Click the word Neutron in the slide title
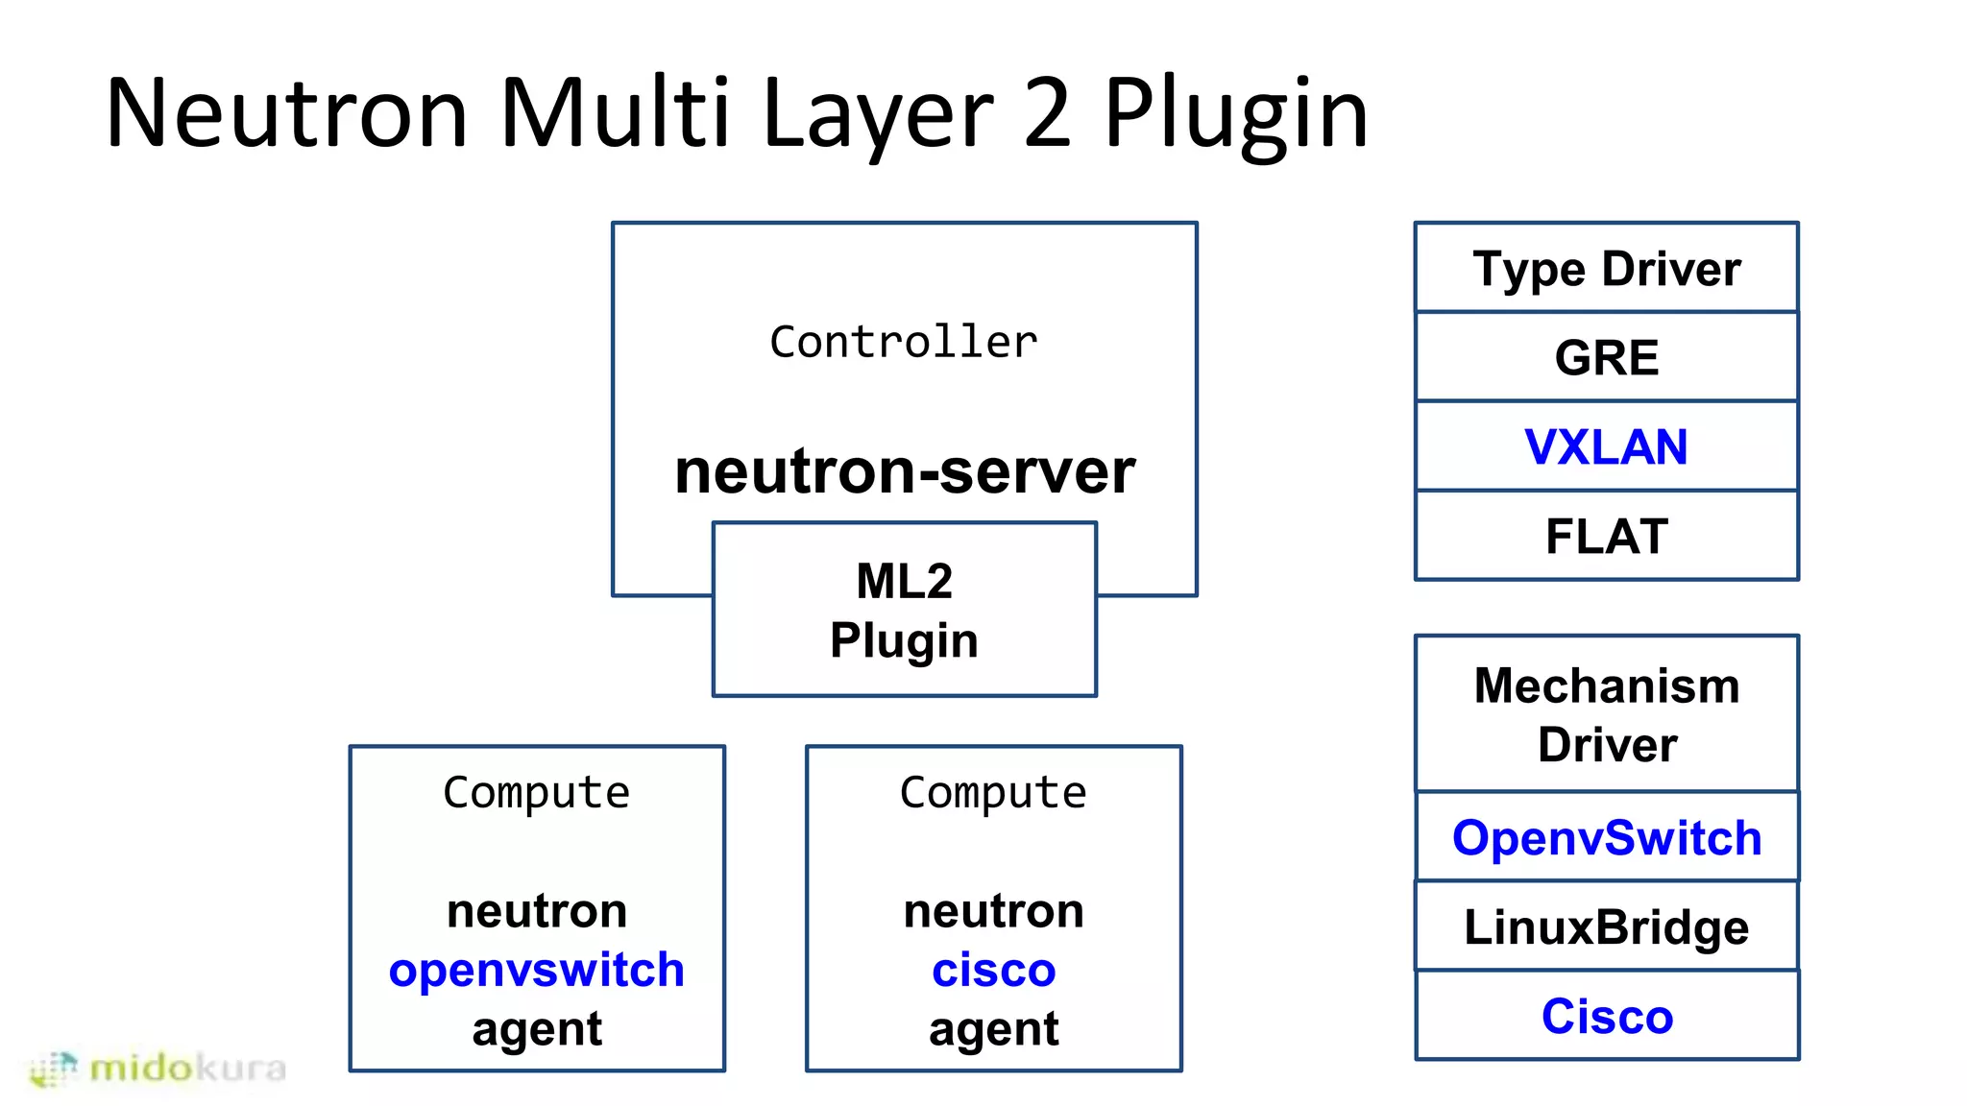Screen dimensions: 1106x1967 pos(286,113)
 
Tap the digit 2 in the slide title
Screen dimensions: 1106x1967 pos(1046,113)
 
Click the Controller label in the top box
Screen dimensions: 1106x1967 pos(904,342)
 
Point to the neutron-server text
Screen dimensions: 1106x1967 pos(905,471)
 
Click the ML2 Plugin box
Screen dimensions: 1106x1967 pos(904,610)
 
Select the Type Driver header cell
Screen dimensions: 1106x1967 pos(1607,268)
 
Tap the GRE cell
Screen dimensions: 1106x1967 pos(1607,357)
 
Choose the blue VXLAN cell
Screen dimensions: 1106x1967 pos(1607,446)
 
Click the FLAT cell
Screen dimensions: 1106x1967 pos(1607,536)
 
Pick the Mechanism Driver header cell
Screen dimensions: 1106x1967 pos(1607,714)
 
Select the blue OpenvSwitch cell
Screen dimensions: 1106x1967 pos(1607,837)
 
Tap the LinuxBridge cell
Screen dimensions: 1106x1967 pos(1607,926)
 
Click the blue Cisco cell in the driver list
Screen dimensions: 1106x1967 pos(1607,1016)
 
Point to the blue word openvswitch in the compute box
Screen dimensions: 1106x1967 pos(537,970)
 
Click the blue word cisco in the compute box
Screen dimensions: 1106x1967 pos(994,970)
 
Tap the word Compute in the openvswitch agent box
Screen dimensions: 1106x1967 pos(537,792)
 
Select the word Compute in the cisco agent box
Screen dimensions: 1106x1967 pos(994,792)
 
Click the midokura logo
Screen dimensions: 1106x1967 pos(158,1069)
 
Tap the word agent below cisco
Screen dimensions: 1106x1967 pos(994,1029)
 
